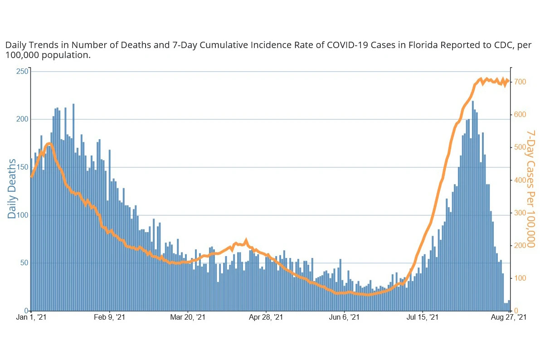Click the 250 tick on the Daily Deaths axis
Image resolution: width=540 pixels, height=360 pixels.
23,72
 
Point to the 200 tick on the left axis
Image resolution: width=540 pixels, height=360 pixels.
23,119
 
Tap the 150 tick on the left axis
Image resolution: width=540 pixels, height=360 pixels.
23,167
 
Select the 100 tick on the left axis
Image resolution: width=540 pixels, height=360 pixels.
23,215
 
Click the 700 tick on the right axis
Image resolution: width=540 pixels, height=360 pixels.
520,82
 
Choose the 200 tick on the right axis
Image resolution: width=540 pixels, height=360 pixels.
520,246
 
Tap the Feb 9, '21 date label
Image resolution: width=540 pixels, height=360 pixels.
109,318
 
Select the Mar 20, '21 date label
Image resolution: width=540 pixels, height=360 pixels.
187,318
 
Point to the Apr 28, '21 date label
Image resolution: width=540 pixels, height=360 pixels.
266,318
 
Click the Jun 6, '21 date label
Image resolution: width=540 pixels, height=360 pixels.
344,318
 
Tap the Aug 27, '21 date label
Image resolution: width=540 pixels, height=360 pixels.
509,318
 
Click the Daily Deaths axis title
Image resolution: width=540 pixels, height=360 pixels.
12,189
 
